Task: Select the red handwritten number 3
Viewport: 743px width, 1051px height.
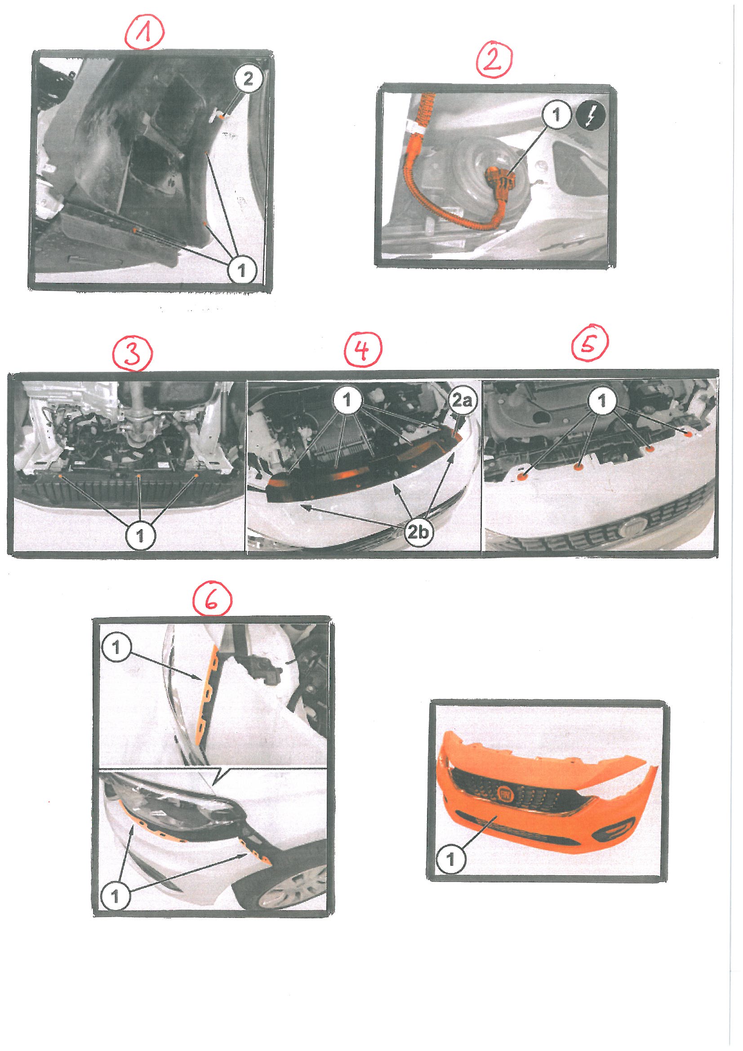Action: tap(133, 356)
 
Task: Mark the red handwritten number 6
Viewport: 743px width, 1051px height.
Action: tap(212, 601)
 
